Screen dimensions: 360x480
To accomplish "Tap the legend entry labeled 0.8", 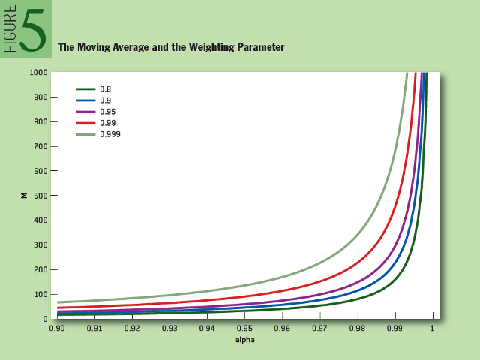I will click(106, 88).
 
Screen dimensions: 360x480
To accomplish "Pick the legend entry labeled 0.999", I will click(110, 133).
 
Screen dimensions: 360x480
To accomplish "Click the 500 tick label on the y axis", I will click(42, 195).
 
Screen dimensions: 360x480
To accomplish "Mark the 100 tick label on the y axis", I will click(42, 294).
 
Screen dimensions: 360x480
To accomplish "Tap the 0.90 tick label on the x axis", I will click(57, 328).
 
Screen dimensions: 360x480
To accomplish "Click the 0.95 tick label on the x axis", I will click(244, 328).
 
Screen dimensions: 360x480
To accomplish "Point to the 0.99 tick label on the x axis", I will click(394, 328).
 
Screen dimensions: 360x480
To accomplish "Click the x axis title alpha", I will click(244, 340).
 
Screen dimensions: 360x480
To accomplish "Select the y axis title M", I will click(24, 195).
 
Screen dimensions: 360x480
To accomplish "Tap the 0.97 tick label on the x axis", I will click(319, 328).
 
